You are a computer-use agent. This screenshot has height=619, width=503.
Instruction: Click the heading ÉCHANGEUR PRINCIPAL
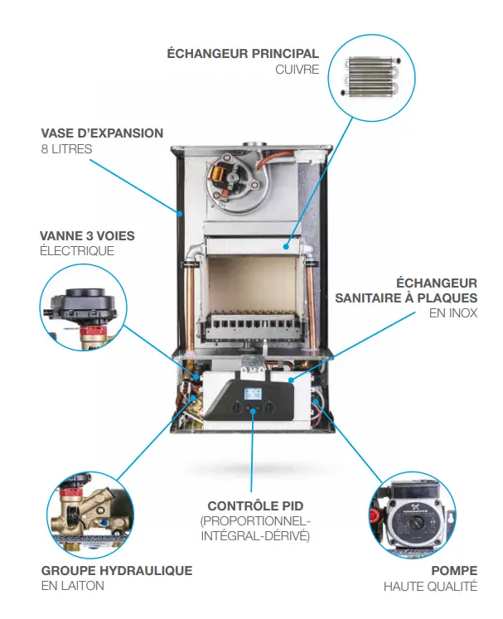pos(243,54)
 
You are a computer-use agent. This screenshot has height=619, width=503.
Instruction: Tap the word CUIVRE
pos(297,70)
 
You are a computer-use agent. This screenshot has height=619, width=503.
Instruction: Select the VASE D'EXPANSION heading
pos(102,133)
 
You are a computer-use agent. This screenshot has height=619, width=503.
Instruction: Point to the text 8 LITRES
pos(66,149)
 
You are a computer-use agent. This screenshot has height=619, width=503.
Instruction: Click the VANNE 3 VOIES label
pos(87,235)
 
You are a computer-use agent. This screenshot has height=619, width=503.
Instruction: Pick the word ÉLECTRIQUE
pos(77,251)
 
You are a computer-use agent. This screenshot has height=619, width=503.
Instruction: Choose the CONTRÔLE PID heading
pos(254,505)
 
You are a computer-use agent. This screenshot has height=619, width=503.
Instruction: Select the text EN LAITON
pos(72,586)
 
